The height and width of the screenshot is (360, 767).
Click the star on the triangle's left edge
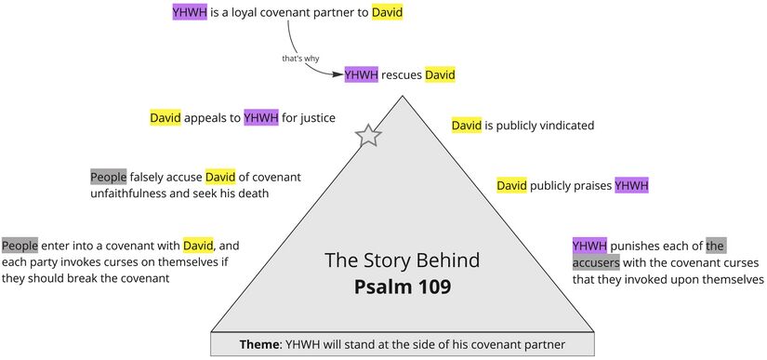pyautogui.click(x=369, y=136)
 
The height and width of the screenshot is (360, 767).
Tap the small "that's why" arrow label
pyautogui.click(x=300, y=59)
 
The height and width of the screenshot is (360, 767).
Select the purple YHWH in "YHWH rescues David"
pyautogui.click(x=362, y=74)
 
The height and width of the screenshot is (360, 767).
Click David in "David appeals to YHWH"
pyautogui.click(x=165, y=118)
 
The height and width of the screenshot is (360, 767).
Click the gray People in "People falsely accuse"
pyautogui.click(x=108, y=177)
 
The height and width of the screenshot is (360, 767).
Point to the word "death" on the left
pyautogui.click(x=251, y=193)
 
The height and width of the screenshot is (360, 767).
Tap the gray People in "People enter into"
pyautogui.click(x=20, y=246)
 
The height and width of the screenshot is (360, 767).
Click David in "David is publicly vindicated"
pyautogui.click(x=467, y=125)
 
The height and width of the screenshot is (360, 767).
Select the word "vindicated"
pyautogui.click(x=562, y=125)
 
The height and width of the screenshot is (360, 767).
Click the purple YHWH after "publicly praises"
pyautogui.click(x=631, y=186)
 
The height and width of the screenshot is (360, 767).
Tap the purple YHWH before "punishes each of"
pyautogui.click(x=589, y=246)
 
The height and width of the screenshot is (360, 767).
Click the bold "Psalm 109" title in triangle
pyautogui.click(x=402, y=287)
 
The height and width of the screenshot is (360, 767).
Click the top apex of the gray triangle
pyautogui.click(x=402, y=96)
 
